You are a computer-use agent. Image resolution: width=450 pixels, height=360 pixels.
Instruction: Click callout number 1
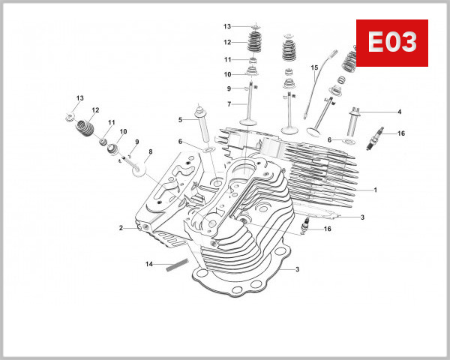[375, 190]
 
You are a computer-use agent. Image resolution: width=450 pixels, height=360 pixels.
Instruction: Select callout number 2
[120, 227]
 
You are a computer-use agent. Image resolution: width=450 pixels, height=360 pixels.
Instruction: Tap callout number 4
[399, 112]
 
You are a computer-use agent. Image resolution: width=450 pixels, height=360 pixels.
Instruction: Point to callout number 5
[180, 120]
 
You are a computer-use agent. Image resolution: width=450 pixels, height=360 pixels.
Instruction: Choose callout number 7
[229, 103]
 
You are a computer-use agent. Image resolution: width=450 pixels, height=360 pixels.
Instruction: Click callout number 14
[149, 264]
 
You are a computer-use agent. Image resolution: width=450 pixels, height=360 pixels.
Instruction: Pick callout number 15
[315, 68]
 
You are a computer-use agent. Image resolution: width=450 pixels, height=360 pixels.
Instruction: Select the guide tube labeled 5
[202, 127]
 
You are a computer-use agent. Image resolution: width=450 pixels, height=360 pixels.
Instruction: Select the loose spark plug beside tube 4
[373, 139]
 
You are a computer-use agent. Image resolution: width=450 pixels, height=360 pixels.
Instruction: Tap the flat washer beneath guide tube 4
[349, 140]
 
